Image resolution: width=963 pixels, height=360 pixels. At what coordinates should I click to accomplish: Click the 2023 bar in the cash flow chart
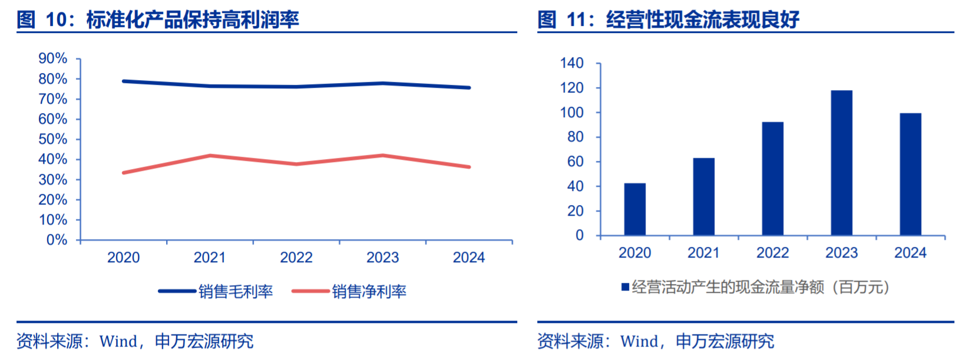pos(841,163)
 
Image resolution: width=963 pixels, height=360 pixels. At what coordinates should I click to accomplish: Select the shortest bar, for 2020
pos(634,210)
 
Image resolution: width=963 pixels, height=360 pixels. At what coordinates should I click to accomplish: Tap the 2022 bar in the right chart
pos(772,179)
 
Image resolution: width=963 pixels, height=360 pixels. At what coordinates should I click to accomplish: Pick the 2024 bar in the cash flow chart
pos(910,174)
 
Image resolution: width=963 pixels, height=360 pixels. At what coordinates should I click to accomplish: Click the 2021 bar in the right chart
pos(703,197)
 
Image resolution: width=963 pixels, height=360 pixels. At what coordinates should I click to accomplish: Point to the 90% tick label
pos(53,58)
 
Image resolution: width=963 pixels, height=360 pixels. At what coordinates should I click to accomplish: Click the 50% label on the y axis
pos(53,139)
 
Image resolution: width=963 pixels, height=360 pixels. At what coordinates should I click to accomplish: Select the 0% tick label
pos(57,240)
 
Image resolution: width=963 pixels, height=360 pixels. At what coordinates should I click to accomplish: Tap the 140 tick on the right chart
pos(571,63)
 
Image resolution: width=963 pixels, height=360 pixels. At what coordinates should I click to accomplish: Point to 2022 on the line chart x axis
pos(296,257)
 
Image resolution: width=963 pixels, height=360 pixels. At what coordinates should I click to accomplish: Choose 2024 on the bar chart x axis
pos(910,253)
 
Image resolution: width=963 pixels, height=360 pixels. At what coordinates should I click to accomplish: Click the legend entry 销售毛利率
pos(236,291)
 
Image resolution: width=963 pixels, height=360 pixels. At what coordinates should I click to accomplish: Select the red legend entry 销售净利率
pos(369,291)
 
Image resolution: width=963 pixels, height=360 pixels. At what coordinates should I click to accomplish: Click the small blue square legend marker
pos(625,287)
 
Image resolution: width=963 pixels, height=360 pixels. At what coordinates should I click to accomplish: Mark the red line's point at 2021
pos(210,156)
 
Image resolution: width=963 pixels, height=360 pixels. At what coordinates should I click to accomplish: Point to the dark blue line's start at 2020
pos(124,81)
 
